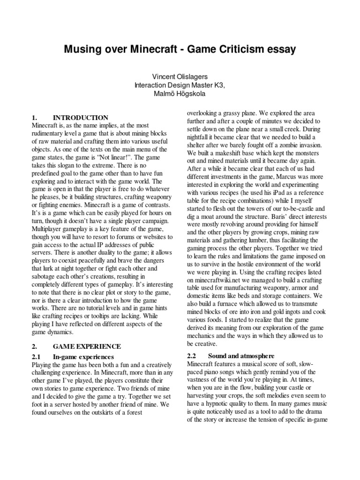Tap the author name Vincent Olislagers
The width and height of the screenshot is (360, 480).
pos(180,76)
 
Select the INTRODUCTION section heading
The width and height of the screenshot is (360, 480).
pos(81,118)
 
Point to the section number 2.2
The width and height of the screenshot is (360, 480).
pos(193,356)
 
